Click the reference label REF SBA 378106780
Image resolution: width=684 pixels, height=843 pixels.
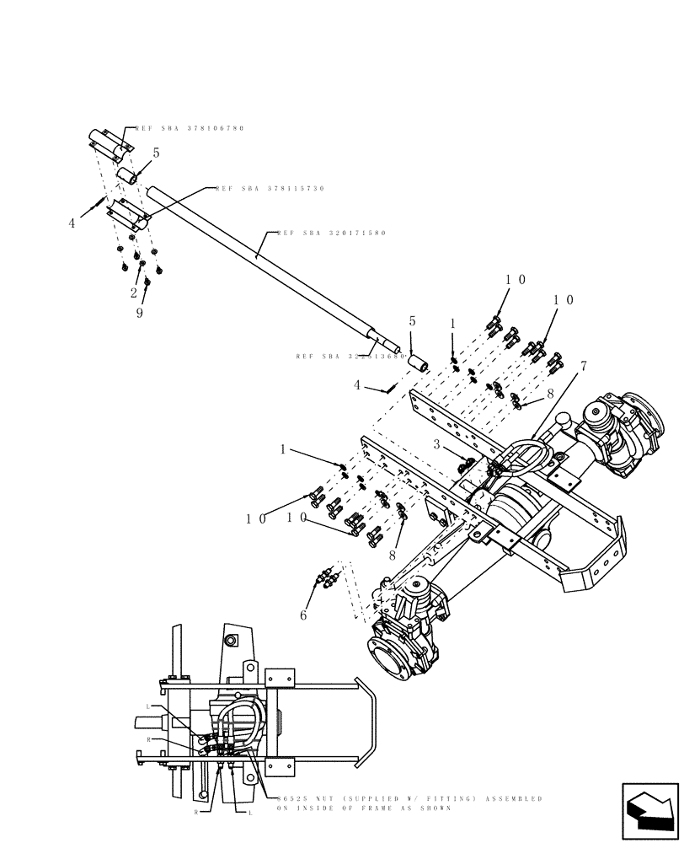(x=190, y=128)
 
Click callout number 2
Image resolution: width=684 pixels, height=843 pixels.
(x=133, y=293)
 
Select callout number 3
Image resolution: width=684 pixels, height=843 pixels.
(x=437, y=443)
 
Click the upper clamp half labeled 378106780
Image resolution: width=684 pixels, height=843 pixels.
(x=109, y=143)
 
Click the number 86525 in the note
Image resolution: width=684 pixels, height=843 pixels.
(x=290, y=798)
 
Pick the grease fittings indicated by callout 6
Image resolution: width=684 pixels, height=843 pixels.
(x=326, y=579)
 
